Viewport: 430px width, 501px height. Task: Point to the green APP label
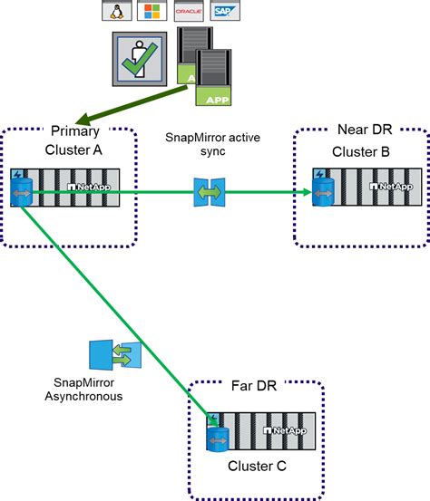coord(217,100)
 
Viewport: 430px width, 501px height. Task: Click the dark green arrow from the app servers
coord(136,101)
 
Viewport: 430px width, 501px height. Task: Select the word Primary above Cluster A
coord(70,130)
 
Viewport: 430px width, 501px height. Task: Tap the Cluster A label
coord(70,149)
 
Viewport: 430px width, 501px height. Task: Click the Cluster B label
coord(360,151)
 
